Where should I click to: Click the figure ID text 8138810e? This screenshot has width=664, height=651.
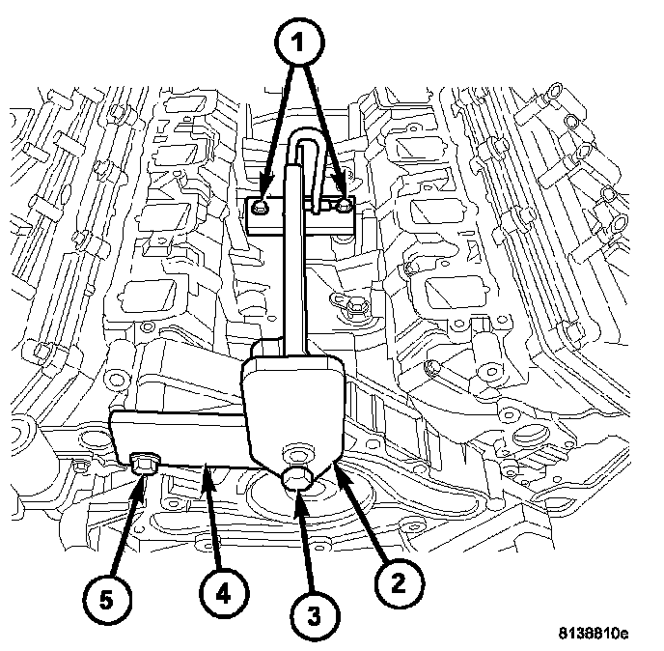pos(590,635)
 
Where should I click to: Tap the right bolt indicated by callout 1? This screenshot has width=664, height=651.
pos(344,205)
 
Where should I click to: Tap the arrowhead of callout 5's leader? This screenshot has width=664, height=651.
pos(143,483)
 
